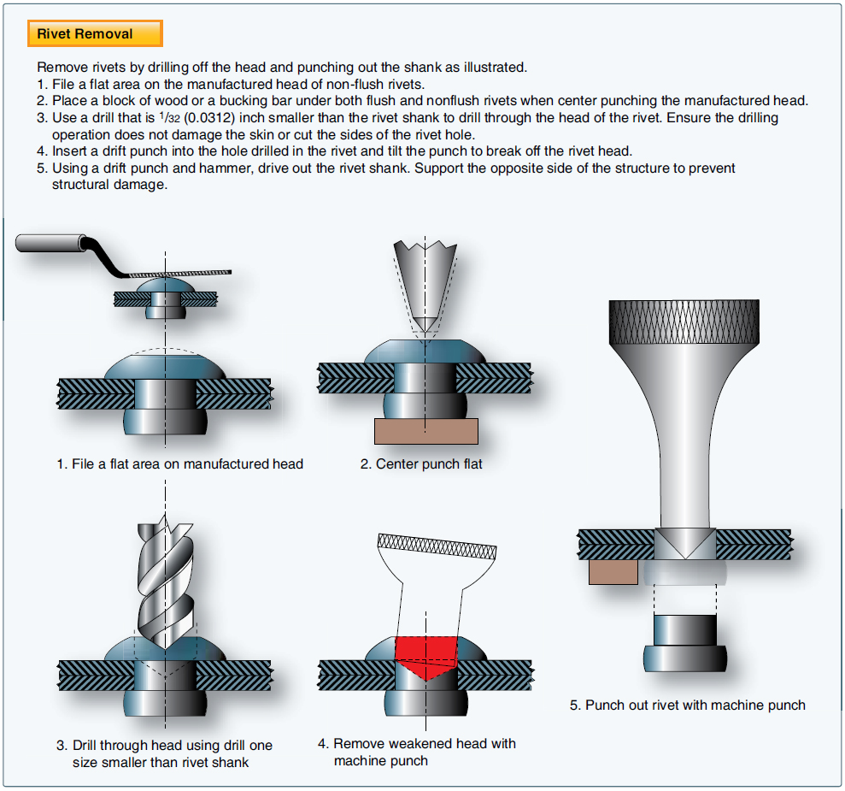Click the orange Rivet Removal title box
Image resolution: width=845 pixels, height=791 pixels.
pos(95,34)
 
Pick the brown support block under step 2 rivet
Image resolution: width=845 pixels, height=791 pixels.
pos(425,431)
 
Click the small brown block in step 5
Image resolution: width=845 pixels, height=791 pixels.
pos(613,571)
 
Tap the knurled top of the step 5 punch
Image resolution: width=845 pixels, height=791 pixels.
pos(683,321)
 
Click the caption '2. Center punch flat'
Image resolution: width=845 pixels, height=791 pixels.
pos(421,464)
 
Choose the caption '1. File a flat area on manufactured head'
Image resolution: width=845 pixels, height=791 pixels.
pos(180,464)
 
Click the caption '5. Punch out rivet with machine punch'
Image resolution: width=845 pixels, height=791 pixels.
pos(687,705)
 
